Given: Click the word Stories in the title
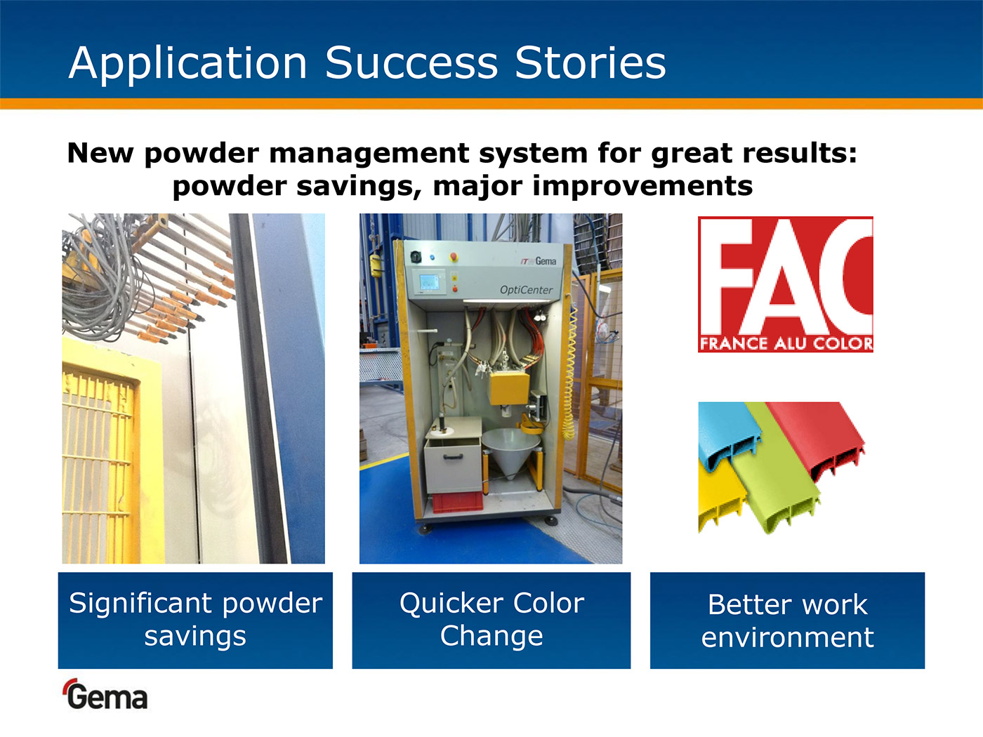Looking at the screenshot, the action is (591, 62).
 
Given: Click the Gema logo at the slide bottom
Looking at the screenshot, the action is (106, 694).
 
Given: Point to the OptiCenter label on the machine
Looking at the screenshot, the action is (526, 290).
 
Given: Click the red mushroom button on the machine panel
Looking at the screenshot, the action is (454, 256).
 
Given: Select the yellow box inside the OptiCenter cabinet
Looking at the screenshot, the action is (510, 388).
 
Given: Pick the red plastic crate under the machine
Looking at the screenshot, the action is (458, 503).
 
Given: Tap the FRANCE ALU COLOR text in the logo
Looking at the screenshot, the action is (786, 344).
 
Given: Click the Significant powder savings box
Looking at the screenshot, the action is (195, 620).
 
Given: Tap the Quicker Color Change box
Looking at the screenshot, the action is (491, 620).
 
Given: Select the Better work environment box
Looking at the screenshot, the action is (787, 620).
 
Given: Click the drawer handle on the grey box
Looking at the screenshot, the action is (453, 456).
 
